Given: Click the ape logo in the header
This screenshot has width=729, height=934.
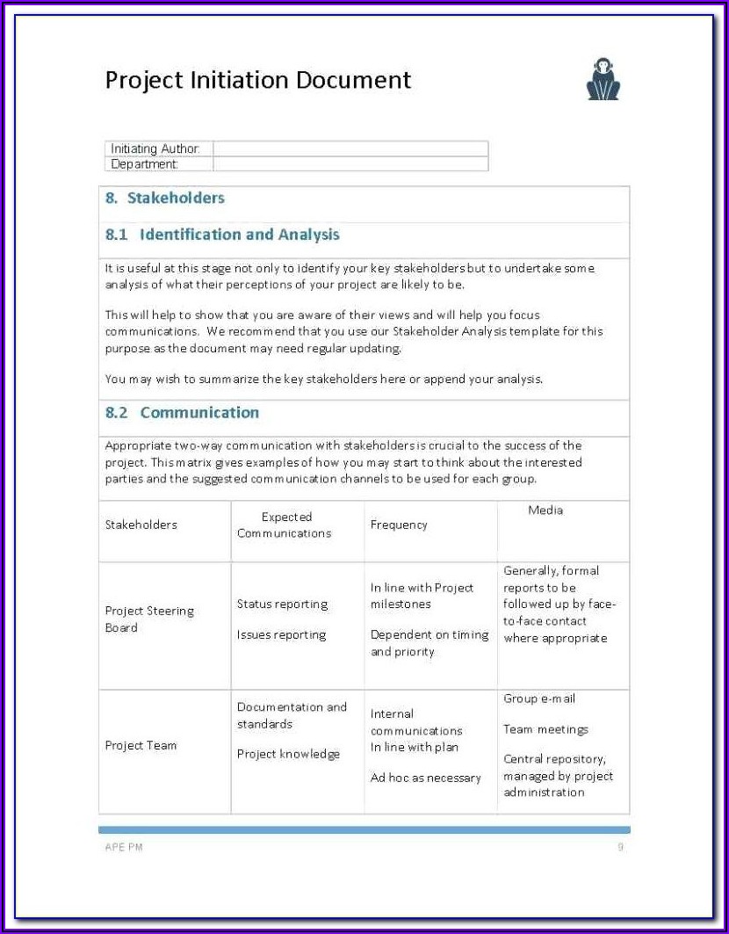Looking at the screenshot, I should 603,79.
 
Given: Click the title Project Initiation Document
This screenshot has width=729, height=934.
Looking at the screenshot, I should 258,80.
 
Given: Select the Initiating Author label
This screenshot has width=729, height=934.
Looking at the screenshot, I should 155,148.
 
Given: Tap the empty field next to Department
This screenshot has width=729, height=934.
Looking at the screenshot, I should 350,163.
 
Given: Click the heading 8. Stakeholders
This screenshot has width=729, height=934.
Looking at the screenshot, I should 165,199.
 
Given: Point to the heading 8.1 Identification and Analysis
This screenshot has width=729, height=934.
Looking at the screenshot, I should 222,235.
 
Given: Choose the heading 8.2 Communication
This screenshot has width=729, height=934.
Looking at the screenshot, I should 182,412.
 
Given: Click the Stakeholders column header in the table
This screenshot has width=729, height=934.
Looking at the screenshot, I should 141,525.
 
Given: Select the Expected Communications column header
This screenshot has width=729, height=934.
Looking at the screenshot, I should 285,525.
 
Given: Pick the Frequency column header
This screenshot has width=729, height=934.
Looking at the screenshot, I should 399,525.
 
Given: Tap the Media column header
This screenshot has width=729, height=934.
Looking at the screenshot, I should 545,510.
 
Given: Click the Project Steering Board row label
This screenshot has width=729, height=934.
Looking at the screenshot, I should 149,619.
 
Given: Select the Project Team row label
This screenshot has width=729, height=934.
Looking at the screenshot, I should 141,745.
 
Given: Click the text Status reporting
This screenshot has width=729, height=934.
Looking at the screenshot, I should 282,604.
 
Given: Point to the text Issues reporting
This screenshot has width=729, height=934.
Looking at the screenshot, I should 281,634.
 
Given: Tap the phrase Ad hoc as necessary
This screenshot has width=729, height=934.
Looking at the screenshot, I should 426,778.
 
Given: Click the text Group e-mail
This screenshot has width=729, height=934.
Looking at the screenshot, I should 539,699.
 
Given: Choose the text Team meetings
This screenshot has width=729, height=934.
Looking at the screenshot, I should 545,729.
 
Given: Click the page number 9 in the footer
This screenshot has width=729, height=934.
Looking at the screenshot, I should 620,847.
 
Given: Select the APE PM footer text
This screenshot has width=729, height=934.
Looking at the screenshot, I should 124,847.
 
